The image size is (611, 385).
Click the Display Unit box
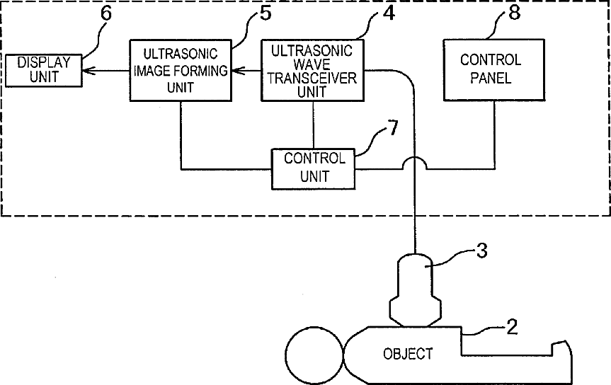(43, 71)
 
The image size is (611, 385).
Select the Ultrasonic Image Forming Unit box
(181, 70)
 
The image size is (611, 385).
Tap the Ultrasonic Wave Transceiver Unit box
(312, 70)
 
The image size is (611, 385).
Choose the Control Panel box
(494, 70)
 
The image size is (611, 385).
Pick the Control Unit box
(314, 168)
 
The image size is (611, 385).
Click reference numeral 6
(106, 13)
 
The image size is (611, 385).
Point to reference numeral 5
(265, 13)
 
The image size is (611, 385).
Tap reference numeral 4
(389, 13)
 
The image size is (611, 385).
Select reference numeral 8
(515, 13)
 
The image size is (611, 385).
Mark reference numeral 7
(393, 128)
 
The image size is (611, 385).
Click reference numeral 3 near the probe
(482, 251)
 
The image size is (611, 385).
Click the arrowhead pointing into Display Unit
(88, 71)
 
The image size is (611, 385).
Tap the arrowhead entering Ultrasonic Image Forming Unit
(238, 71)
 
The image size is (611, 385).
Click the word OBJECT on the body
(408, 354)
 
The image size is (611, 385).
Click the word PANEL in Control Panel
(491, 78)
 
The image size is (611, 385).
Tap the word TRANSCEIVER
(312, 78)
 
